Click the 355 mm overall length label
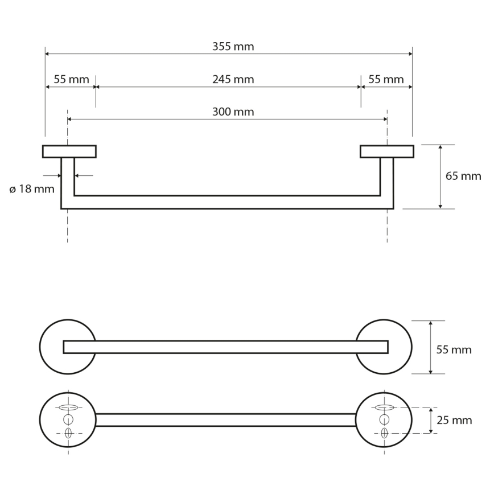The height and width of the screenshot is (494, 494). click(233, 47)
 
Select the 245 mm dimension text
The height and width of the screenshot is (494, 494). click(233, 79)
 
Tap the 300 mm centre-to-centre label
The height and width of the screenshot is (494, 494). click(233, 112)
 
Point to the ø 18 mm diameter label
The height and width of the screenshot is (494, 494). click(32, 189)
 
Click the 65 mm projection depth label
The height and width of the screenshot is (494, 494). click(463, 176)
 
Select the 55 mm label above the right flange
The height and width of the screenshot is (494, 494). click(386, 79)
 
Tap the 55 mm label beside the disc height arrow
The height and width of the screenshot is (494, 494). click(454, 349)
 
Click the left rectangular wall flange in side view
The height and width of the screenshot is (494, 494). click(69, 151)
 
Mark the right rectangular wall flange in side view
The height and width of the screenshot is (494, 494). click(387, 151)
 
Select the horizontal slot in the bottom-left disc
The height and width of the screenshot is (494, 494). click(68, 407)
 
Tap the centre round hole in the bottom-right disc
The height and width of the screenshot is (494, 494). click(384, 420)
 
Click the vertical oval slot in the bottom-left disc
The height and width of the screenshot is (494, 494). click(68, 433)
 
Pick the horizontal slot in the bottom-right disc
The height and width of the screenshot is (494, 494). click(384, 407)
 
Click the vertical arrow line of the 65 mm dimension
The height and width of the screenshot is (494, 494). click(441, 176)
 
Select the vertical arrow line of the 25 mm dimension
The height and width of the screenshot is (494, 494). click(431, 421)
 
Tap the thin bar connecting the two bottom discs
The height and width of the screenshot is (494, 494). click(225, 420)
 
